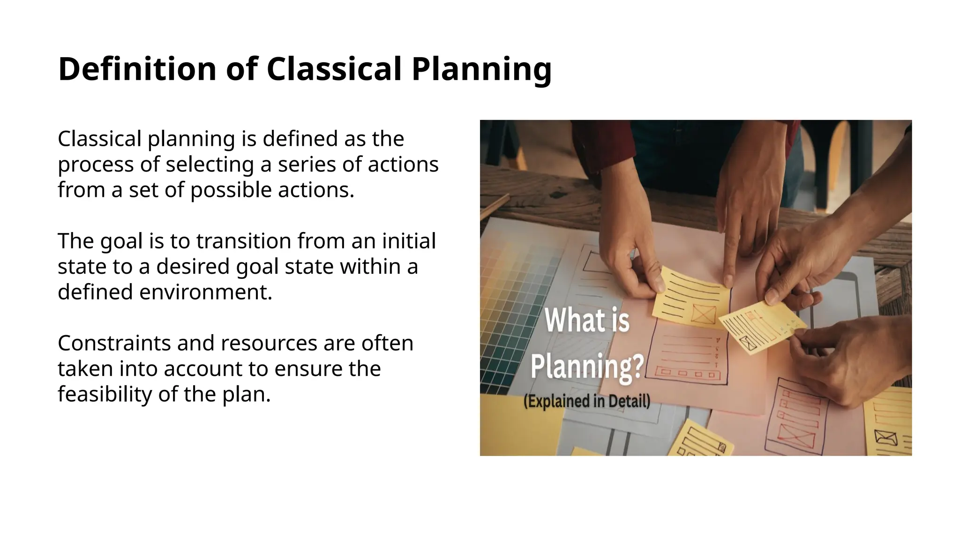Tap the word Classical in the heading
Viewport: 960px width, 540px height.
334,69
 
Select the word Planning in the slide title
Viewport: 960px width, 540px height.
481,69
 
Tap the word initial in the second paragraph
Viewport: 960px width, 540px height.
409,241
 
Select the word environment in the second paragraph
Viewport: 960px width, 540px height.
206,292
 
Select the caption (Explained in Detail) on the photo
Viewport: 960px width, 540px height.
586,402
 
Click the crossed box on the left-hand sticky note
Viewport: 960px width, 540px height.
704,314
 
